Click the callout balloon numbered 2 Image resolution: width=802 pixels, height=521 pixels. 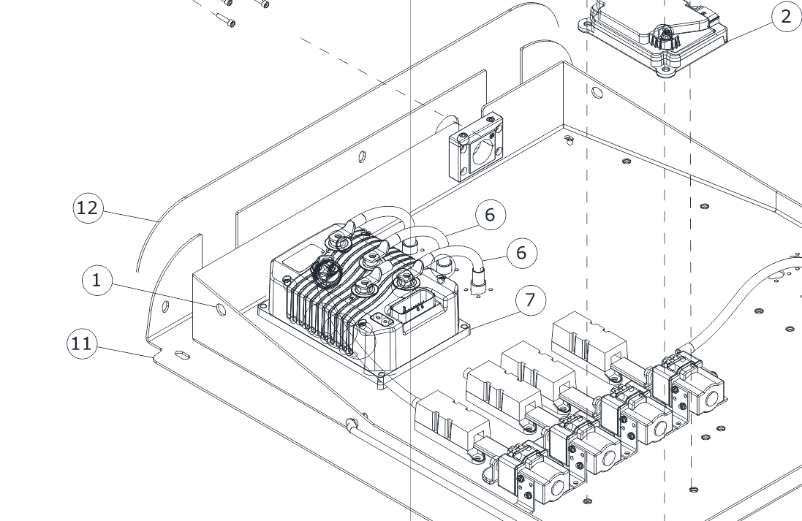point(786,16)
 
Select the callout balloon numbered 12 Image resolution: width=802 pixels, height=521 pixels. point(87,208)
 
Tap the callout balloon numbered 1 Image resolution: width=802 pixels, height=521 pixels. point(97,280)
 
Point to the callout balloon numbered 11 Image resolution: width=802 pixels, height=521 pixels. point(82,343)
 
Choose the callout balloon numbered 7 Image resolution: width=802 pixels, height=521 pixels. point(530,300)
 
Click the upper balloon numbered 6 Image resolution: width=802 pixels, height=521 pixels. point(490,215)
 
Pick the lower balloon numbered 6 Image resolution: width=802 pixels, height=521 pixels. point(521,253)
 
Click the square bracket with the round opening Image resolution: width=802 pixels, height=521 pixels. point(475,148)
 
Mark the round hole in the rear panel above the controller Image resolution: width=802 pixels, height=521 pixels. point(362,156)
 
